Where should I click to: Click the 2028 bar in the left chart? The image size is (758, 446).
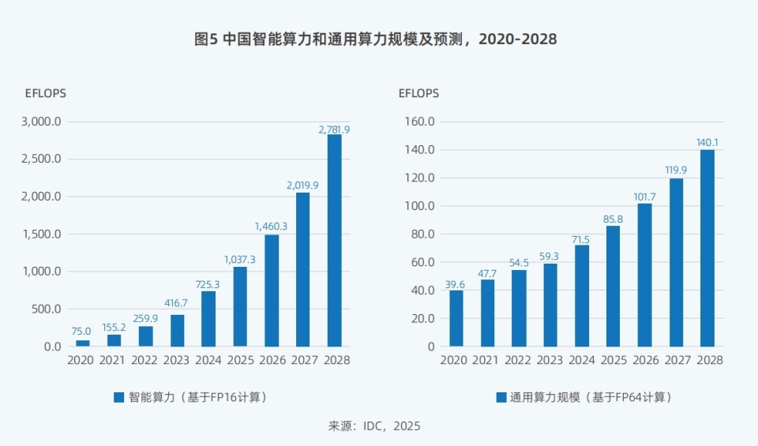point(334,241)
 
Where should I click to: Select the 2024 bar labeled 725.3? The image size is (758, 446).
point(208,319)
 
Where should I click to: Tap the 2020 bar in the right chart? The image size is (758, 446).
point(456,318)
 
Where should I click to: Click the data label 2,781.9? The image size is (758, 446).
point(334,129)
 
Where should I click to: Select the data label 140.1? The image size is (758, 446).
point(707,143)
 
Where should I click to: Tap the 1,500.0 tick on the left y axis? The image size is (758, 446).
point(42,234)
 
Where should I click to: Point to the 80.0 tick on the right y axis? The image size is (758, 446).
point(421,234)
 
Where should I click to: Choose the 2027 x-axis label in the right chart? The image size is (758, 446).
point(676,360)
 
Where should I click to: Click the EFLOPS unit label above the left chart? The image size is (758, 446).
point(46,93)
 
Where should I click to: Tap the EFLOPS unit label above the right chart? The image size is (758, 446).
point(418,93)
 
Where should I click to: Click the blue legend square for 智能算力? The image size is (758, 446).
point(119,397)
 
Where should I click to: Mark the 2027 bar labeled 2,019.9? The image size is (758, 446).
point(302,269)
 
